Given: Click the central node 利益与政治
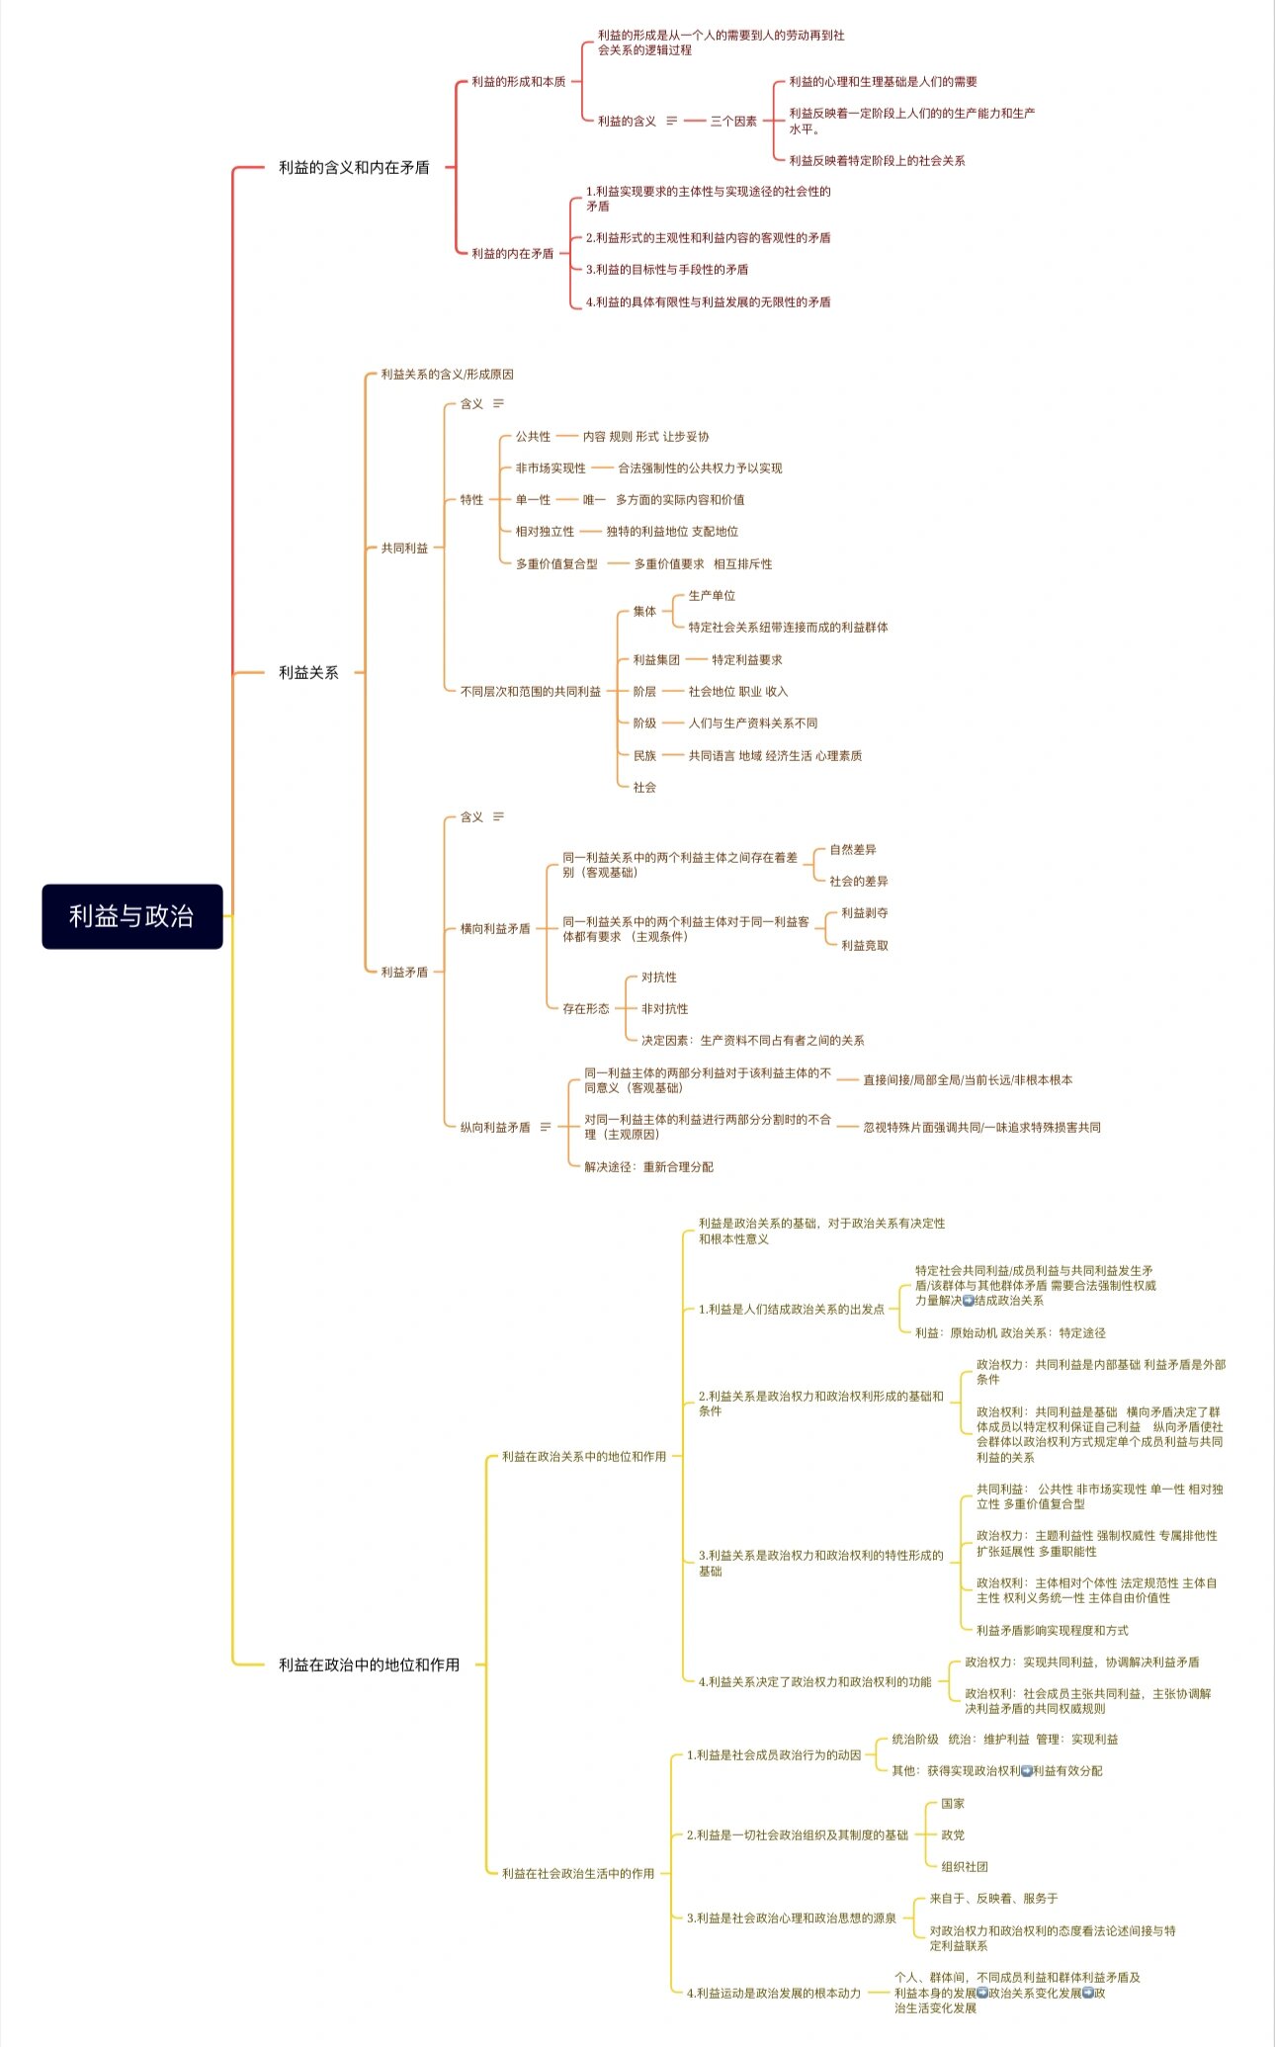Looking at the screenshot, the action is coord(131,916).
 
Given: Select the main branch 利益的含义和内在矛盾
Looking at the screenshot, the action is coord(354,167).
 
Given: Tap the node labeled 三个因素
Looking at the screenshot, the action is coord(733,121).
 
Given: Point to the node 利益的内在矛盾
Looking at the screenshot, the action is coord(512,253).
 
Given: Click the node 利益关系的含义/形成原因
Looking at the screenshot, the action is coord(447,374).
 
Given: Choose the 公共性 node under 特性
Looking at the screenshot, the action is coord(533,436).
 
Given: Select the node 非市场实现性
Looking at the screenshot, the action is coord(550,468).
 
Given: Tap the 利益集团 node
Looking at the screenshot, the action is coord(656,659).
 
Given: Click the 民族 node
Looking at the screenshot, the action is coord(644,755).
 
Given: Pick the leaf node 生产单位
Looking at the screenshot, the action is coord(712,595).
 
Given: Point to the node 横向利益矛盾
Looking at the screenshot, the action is coord(495,928).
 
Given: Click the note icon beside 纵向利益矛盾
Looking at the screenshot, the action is coord(546,1127).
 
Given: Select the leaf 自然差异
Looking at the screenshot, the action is coord(853,849).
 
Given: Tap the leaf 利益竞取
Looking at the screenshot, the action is coord(865,945).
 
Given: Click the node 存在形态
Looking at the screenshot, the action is coord(586,1008).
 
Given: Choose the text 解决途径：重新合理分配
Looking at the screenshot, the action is coord(648,1166).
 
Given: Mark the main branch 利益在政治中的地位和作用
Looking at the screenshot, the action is coord(369,1664).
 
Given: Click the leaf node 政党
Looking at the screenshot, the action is coord(953,1834).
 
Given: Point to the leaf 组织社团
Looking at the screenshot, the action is coord(965,1866).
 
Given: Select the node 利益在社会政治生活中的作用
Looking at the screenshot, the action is coord(578,1873).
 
